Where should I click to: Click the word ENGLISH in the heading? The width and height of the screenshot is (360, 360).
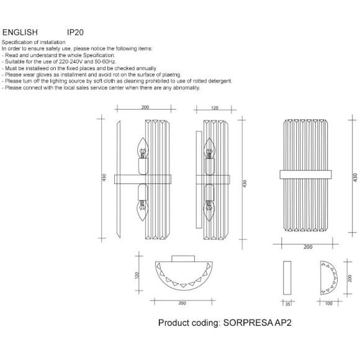click(x=20, y=32)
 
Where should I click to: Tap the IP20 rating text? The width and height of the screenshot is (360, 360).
click(x=75, y=32)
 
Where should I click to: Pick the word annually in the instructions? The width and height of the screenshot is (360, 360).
click(x=146, y=68)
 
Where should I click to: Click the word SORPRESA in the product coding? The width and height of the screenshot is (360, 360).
click(x=248, y=323)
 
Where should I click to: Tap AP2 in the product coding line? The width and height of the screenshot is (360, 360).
click(x=283, y=323)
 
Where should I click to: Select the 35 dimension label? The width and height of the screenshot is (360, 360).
click(x=287, y=304)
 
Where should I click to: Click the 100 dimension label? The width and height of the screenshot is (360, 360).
click(x=329, y=304)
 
